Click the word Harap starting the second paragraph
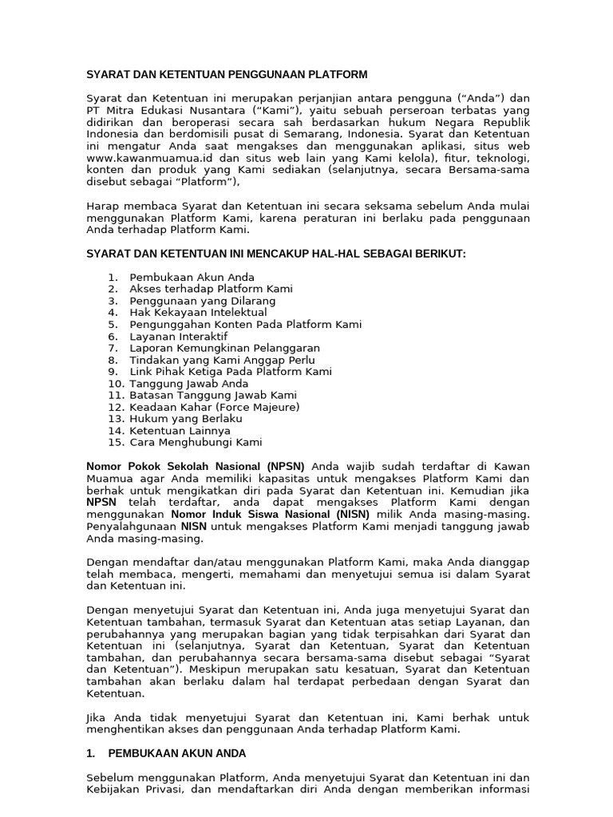click(x=102, y=207)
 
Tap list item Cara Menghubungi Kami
click(x=196, y=442)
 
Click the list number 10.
click(x=114, y=384)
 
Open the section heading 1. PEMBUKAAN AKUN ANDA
click(x=166, y=753)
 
